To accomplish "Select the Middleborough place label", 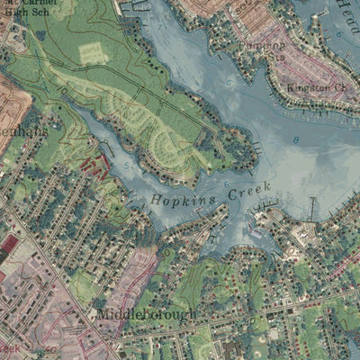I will pos(143,316).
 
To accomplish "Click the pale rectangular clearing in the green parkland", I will pos(94,54).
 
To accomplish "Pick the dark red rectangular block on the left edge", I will pos(10,243).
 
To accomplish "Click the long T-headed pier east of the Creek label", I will pos(311,209).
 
